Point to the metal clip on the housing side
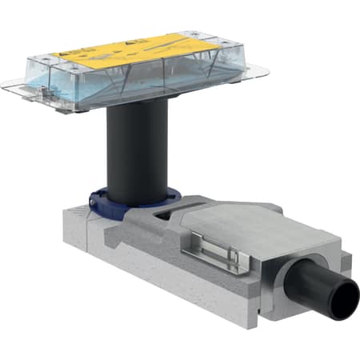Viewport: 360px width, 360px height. [x=211, y=255]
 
